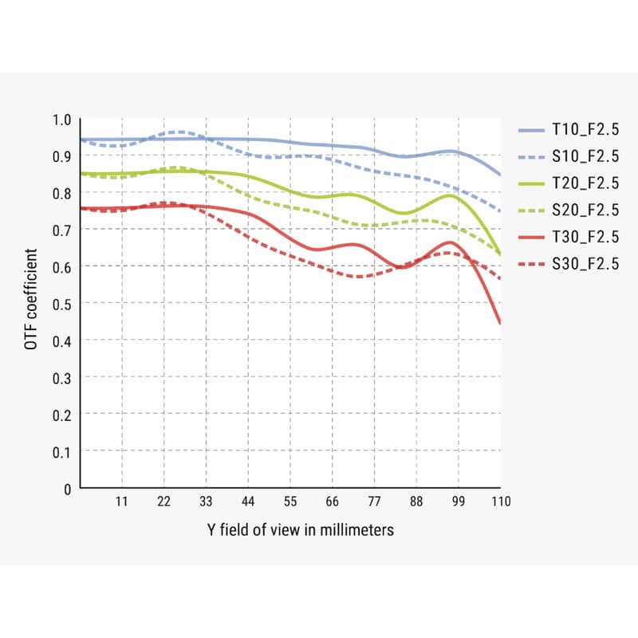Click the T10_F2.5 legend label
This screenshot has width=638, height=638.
tap(585, 130)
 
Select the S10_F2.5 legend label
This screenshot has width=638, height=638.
tap(585, 157)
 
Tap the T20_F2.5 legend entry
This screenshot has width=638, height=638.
tap(585, 183)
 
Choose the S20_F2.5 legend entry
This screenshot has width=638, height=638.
tap(585, 211)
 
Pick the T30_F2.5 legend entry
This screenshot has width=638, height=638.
tap(585, 237)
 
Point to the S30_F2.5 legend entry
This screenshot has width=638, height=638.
tap(585, 264)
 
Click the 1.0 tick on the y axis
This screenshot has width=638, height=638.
tap(62, 120)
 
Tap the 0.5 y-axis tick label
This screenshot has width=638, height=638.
tap(62, 304)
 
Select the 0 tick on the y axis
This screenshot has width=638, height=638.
tap(67, 488)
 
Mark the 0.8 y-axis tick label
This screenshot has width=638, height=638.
tap(62, 193)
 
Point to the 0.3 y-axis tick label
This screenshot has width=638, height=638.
tap(62, 377)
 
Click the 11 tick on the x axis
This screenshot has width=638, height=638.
tap(121, 502)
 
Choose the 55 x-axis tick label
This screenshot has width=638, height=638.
tap(290, 502)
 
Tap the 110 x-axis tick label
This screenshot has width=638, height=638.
tap(500, 502)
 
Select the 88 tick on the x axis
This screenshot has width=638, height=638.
tap(416, 502)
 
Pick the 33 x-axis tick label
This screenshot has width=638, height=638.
tap(206, 502)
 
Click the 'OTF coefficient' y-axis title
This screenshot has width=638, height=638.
tap(31, 304)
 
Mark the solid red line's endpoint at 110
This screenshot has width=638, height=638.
tap(500, 323)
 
